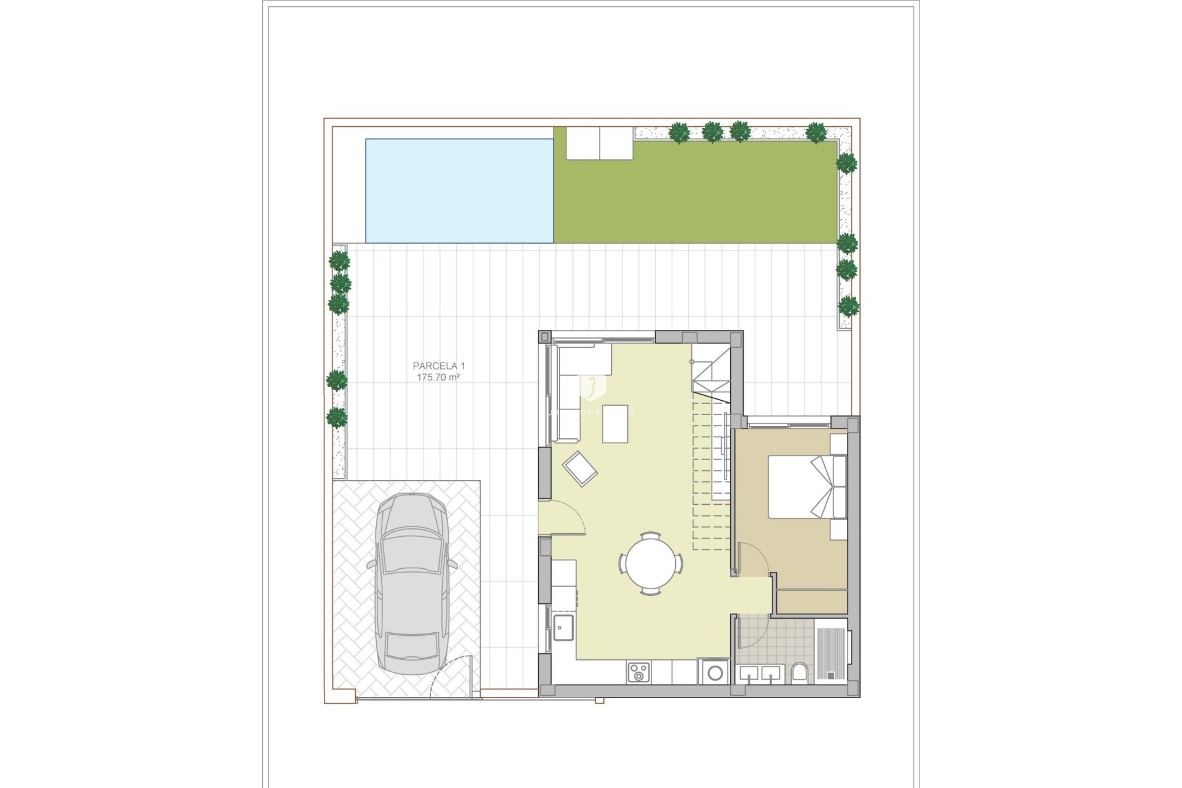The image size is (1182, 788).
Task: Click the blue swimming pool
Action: coord(459,191)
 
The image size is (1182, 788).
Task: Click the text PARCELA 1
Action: coord(438,366)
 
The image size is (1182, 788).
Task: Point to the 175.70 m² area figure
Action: coord(438,377)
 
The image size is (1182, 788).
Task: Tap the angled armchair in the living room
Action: coord(580,469)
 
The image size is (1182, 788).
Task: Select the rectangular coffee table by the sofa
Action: coord(615,424)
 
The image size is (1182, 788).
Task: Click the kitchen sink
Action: coord(563,627)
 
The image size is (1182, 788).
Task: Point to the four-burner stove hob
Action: coord(638,672)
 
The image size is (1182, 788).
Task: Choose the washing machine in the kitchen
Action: coord(714,672)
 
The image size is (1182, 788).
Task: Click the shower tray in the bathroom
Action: coord(831,651)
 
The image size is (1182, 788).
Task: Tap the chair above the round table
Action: coord(650,535)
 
